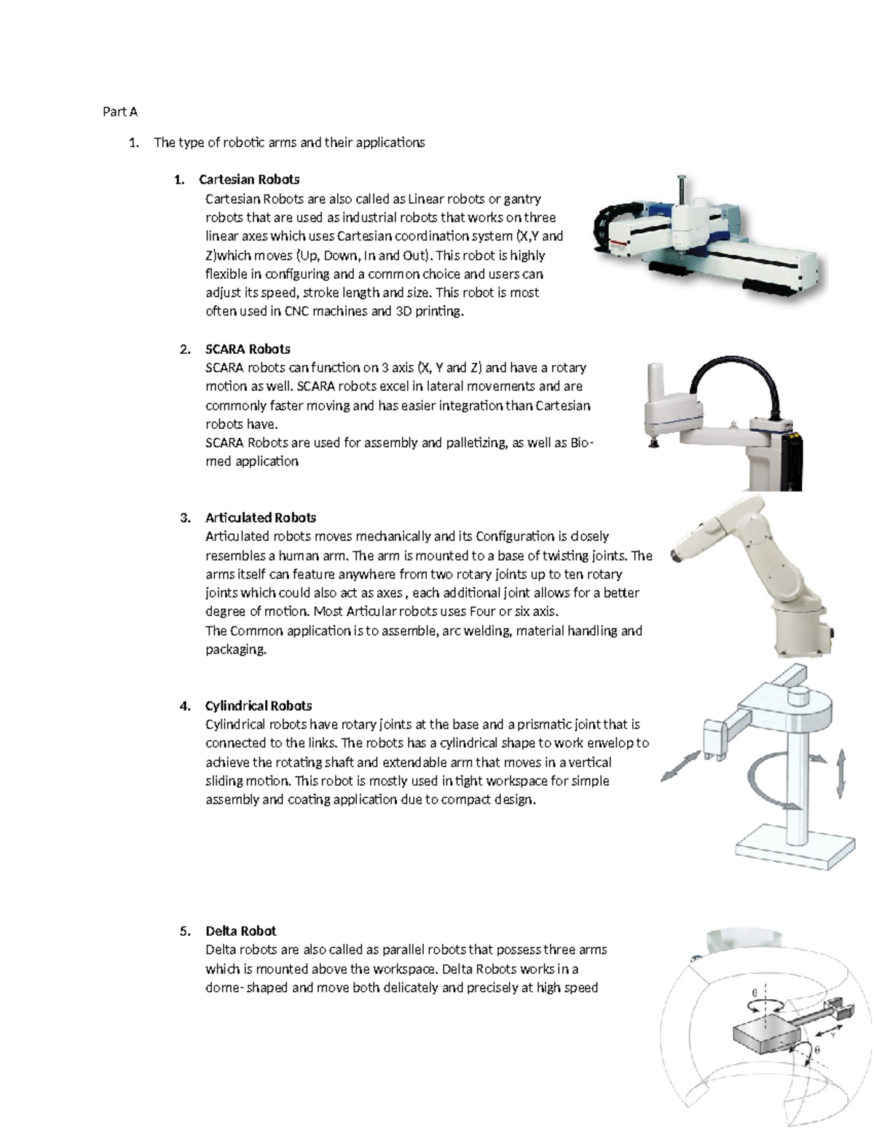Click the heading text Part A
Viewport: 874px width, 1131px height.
click(120, 111)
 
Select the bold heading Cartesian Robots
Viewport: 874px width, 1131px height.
click(249, 179)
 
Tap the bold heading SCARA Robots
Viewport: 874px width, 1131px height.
click(248, 349)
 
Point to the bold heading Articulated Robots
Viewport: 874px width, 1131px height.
click(260, 518)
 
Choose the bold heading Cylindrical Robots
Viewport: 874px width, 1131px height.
click(259, 706)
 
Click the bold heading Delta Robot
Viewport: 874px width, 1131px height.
click(240, 931)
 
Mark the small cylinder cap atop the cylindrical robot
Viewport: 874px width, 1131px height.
click(800, 696)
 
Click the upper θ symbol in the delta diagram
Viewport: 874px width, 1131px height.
click(755, 993)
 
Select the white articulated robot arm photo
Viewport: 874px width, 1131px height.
click(750, 575)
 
